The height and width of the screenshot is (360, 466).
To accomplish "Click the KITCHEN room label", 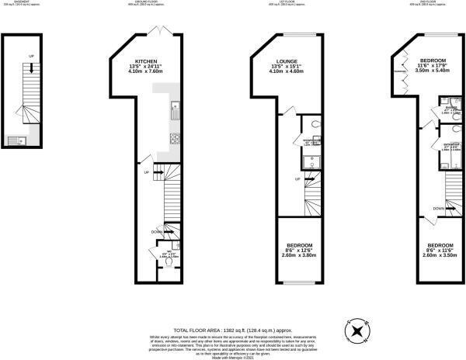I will (x=148, y=61).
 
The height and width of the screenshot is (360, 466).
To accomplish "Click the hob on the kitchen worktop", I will (x=175, y=140).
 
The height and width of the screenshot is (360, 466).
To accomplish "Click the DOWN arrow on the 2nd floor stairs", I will (x=440, y=209).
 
